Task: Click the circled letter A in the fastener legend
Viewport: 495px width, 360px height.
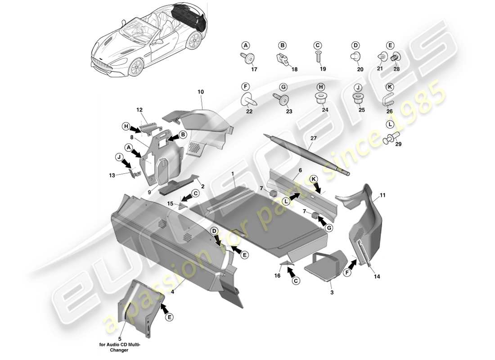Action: coord(245,45)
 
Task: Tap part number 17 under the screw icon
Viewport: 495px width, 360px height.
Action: coord(254,69)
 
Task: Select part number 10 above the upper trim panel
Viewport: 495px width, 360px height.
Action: coord(201,92)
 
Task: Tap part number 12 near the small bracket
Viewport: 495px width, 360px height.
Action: coord(139,110)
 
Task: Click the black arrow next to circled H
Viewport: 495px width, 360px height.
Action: coord(136,129)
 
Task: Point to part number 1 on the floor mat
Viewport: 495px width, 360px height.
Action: coord(233,173)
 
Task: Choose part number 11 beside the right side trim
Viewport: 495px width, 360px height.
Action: coord(382,196)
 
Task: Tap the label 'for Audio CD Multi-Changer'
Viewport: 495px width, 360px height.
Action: coord(120,348)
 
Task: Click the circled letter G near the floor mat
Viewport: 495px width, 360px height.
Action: coord(331,228)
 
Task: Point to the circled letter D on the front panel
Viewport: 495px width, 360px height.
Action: coord(215,231)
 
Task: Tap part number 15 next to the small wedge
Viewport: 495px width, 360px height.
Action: coord(170,203)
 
